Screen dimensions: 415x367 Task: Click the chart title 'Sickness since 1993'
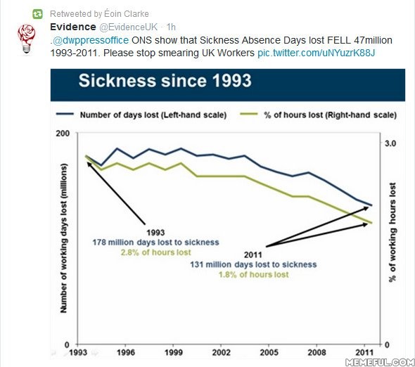[x=165, y=80]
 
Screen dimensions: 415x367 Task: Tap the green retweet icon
[x=37, y=14]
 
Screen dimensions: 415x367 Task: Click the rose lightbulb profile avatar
[x=27, y=39]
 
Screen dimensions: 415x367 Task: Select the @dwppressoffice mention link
[x=91, y=40]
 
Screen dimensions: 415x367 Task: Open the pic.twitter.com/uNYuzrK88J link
[x=317, y=53]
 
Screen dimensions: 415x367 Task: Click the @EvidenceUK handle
[x=128, y=27]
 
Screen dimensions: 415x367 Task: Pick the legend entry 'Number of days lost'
[x=141, y=115]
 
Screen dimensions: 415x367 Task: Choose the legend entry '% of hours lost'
[x=319, y=115]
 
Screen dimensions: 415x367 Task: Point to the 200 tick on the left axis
[x=63, y=133]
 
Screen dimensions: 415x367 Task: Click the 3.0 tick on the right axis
[x=390, y=143]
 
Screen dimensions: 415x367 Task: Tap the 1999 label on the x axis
[x=173, y=352]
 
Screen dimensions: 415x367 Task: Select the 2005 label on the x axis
[x=269, y=352]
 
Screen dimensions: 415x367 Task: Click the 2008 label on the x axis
[x=317, y=352]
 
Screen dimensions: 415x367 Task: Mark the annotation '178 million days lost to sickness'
[x=155, y=243]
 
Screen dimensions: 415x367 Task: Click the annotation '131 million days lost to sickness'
[x=253, y=264]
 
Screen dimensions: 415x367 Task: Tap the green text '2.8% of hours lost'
[x=155, y=252]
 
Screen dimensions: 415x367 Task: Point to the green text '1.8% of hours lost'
[x=253, y=275]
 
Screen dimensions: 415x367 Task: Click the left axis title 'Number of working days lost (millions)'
[x=64, y=238]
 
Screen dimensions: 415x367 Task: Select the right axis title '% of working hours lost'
[x=392, y=232]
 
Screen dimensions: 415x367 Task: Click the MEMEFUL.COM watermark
[x=381, y=362]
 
